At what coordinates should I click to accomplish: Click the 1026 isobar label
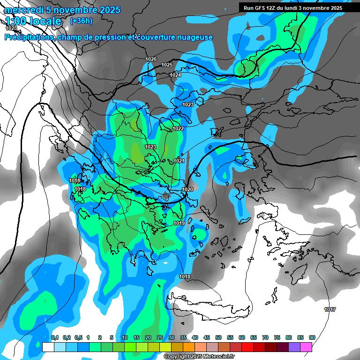(151, 59)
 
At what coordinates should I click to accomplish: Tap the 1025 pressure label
(167, 65)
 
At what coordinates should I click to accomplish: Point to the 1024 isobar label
(175, 75)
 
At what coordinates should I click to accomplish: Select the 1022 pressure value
(178, 128)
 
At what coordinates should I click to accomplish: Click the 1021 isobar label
(179, 161)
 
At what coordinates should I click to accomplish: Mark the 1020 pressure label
(187, 189)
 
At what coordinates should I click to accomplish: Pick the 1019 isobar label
(179, 223)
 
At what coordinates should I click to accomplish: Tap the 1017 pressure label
(330, 309)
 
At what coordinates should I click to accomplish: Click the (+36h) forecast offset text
(81, 21)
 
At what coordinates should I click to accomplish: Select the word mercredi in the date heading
(23, 10)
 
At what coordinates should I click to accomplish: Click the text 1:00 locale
(33, 21)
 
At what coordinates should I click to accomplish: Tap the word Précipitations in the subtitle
(29, 37)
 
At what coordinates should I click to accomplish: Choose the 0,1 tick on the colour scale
(55, 337)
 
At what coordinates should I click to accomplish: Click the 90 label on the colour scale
(312, 337)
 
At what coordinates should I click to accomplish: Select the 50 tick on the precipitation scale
(218, 337)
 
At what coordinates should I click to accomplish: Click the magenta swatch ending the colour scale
(306, 347)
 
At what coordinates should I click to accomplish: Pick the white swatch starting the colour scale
(48, 347)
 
